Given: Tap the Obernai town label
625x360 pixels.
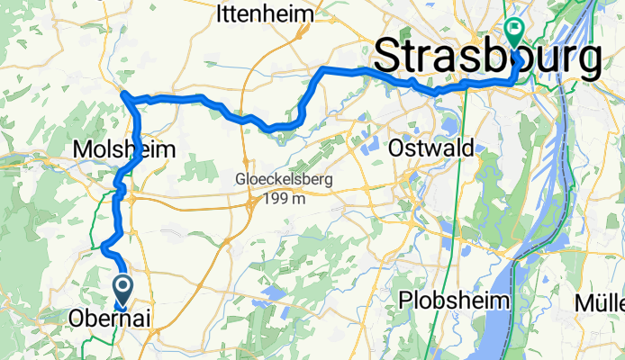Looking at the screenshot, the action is tap(109, 319).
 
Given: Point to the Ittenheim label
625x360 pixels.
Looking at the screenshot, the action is tap(266, 14).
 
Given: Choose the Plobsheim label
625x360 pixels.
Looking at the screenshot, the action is tap(455, 300).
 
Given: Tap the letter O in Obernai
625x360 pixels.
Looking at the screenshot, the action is tap(78, 319).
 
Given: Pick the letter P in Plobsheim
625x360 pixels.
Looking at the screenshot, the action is tap(406, 300).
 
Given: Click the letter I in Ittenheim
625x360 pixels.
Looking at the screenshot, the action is tap(220, 14).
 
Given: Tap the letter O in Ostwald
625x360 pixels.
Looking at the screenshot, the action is tap(397, 147).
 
